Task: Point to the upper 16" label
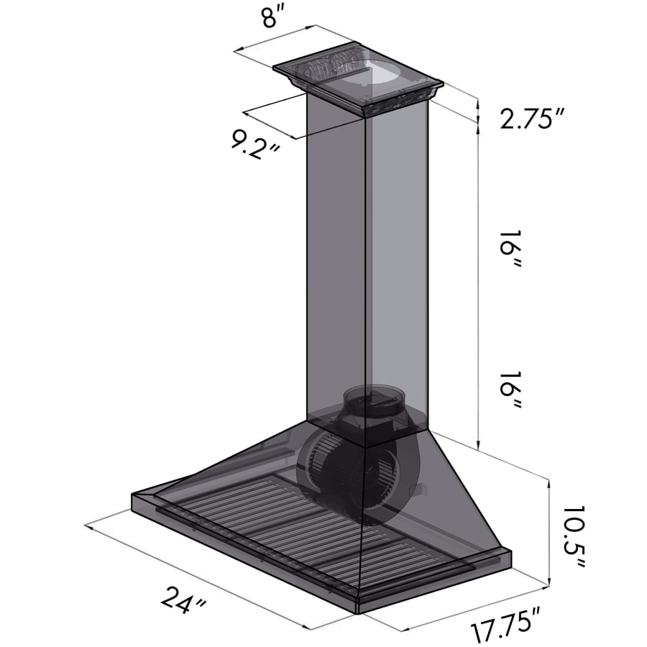coord(510,247)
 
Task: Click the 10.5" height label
coord(573,536)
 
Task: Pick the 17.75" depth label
coord(506,624)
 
